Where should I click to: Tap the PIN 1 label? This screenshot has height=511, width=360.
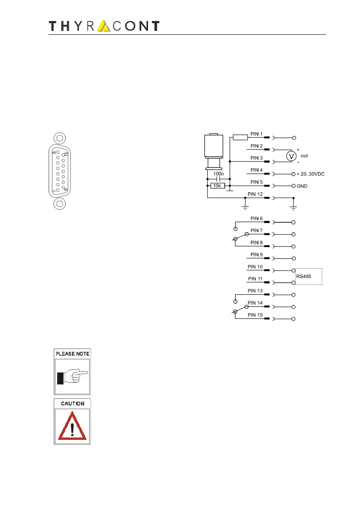257,134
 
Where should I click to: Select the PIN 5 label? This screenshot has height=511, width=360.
257,182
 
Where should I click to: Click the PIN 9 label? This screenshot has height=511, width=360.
257,255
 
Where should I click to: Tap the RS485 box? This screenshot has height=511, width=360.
309,277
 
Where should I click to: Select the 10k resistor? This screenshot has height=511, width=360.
218,186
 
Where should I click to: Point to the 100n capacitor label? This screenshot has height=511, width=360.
218,174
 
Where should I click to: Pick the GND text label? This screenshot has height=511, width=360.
302,186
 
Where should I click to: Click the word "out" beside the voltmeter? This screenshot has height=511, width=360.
304,155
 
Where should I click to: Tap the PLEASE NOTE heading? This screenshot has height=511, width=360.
72,354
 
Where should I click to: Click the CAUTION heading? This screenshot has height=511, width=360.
72,404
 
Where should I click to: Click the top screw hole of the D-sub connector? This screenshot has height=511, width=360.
60,139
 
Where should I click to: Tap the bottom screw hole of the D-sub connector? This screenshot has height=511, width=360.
60,204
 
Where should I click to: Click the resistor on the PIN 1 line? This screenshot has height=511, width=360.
240,138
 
